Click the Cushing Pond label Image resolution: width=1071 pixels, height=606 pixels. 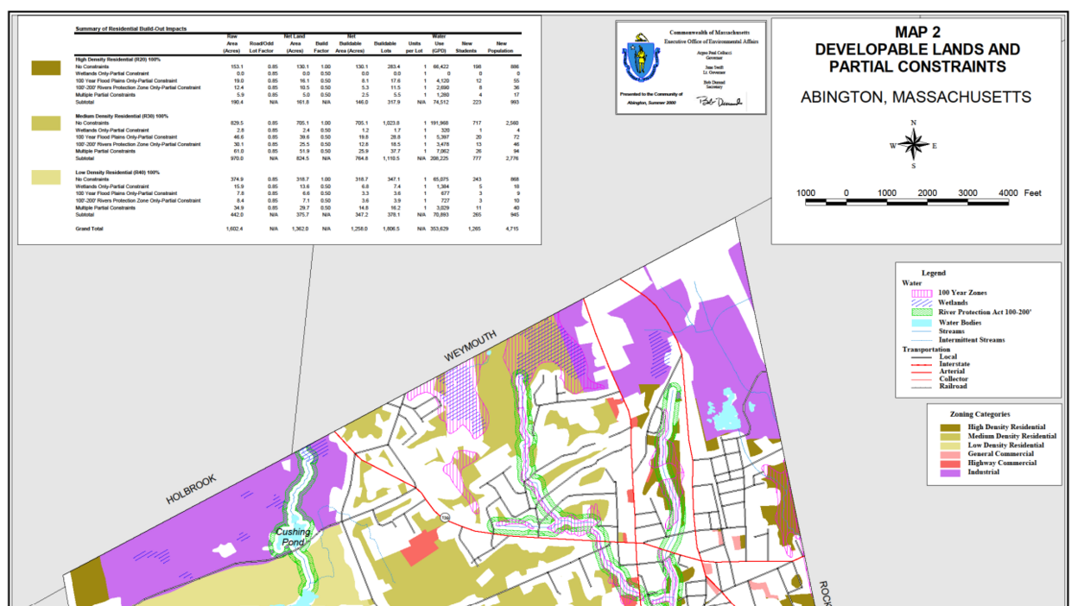click(x=293, y=538)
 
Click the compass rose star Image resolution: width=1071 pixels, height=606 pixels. click(x=913, y=144)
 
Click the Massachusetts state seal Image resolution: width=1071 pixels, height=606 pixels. click(x=640, y=60)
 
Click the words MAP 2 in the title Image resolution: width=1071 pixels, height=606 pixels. click(x=917, y=32)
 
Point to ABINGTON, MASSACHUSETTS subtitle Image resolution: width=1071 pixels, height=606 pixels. click(x=916, y=97)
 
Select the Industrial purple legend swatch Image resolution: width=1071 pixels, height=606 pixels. click(x=953, y=472)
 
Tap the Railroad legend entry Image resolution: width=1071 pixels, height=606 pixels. click(x=953, y=387)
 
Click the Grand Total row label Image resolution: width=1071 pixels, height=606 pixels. click(x=90, y=229)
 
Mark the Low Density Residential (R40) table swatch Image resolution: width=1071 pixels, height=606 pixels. click(x=46, y=177)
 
